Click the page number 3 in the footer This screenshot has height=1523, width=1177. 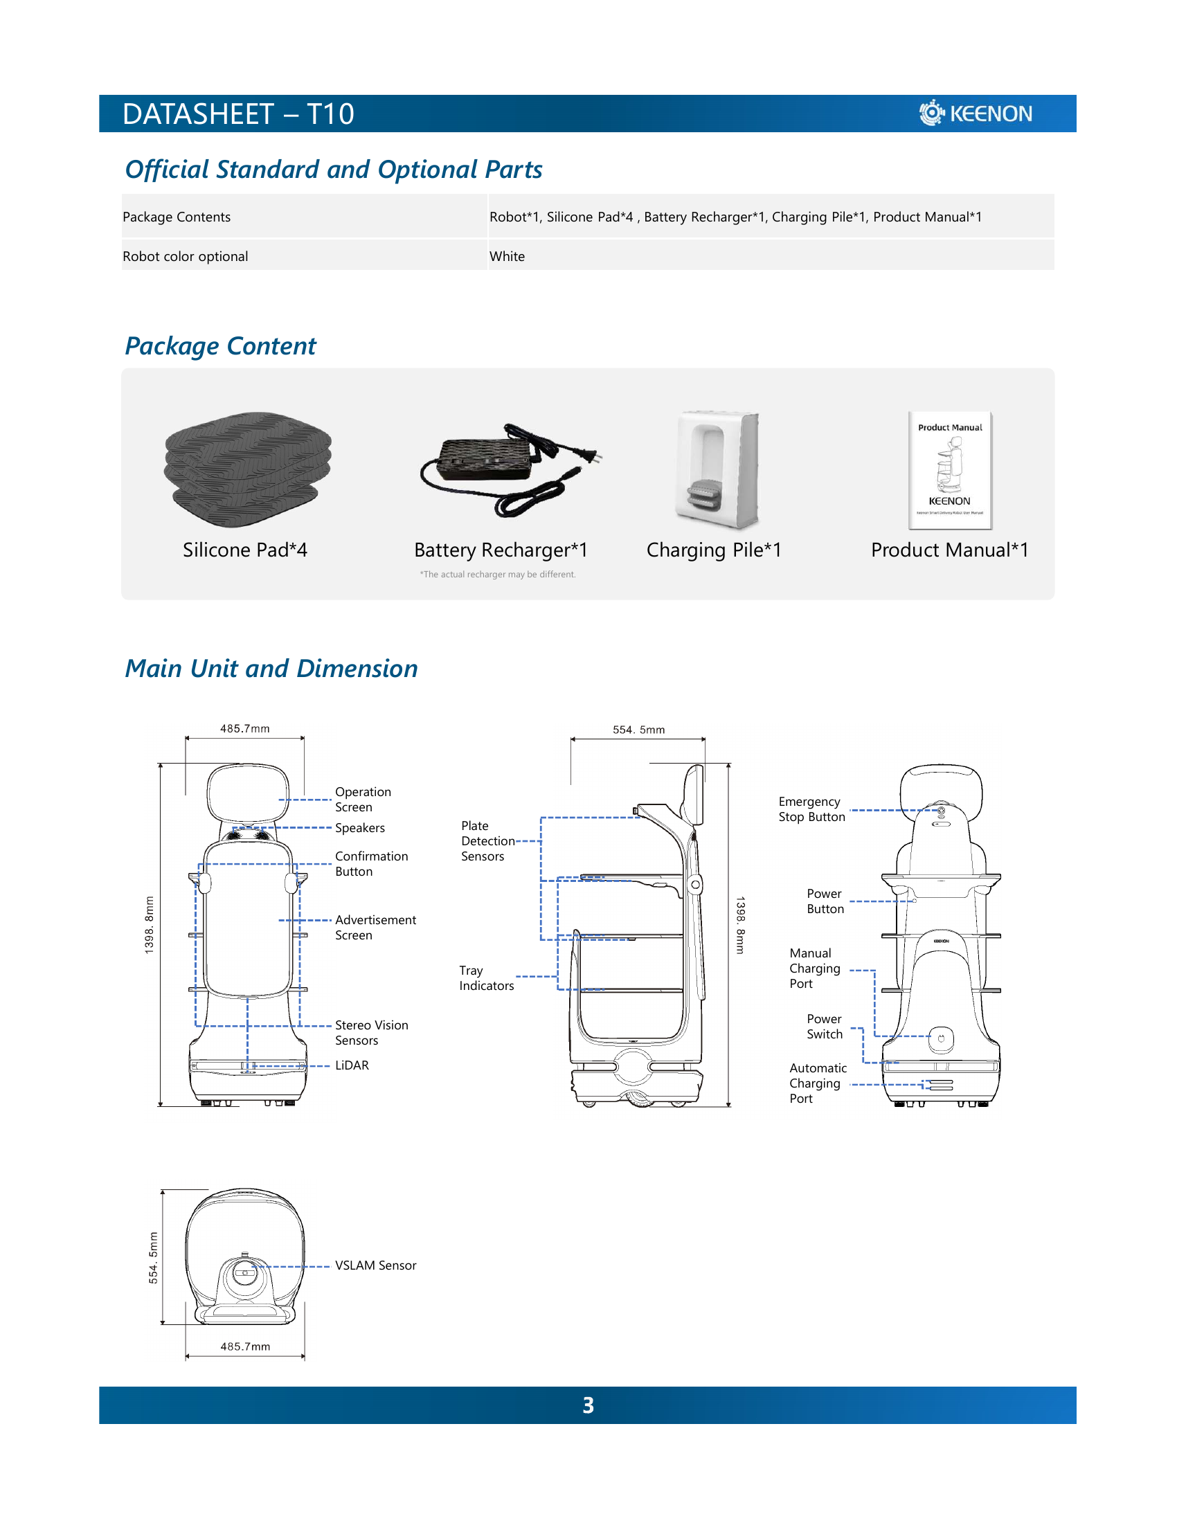tap(588, 1405)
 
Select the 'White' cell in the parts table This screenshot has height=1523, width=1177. tap(507, 257)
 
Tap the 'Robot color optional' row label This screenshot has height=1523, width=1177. tap(186, 257)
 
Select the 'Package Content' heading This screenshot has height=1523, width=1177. tap(220, 346)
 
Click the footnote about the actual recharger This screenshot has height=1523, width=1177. tap(498, 575)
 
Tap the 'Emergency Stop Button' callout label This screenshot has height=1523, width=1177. tap(811, 810)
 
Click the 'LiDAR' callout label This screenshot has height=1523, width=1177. tap(352, 1065)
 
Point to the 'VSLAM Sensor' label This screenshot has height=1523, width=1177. tap(375, 1265)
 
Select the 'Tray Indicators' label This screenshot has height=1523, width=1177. tap(486, 978)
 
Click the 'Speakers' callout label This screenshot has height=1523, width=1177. tap(360, 828)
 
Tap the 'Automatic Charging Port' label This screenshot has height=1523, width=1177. tap(817, 1083)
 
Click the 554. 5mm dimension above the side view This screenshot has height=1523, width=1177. tap(638, 730)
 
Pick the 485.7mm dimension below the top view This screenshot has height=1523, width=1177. tap(244, 1346)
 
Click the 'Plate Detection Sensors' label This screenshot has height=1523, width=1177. tap(487, 841)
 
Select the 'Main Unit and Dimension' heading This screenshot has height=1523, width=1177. tap(271, 669)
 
